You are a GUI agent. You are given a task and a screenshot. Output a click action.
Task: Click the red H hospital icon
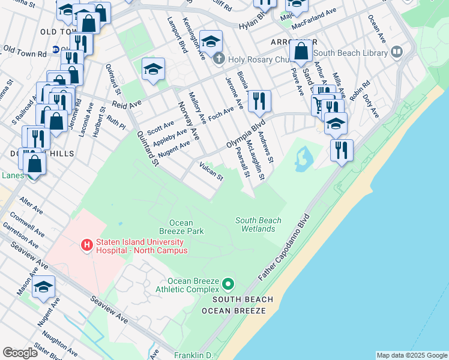[87, 244]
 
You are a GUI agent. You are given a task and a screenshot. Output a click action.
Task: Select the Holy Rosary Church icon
[219, 59]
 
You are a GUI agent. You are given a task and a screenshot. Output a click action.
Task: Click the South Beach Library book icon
[396, 53]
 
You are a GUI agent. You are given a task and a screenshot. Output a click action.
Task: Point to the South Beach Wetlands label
[258, 224]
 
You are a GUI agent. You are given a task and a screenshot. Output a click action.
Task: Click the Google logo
[20, 353]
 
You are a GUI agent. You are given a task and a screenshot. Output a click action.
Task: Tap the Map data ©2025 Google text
[412, 355]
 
